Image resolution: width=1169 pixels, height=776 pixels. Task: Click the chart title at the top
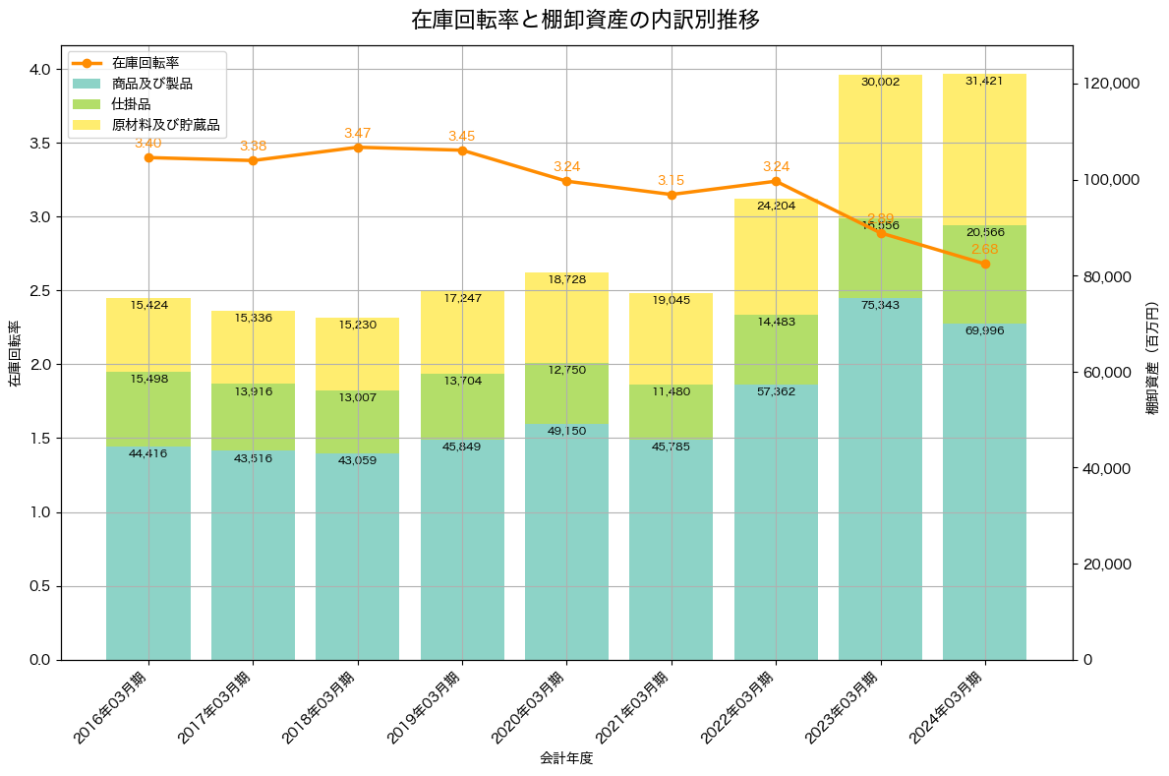(585, 20)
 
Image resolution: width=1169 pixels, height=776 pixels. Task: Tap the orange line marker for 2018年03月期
(358, 148)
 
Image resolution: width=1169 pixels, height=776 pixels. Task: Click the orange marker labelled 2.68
(985, 264)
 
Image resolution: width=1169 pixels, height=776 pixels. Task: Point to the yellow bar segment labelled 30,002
(880, 148)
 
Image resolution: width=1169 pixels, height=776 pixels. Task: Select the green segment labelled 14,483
(776, 349)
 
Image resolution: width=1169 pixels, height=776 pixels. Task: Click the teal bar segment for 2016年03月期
(148, 551)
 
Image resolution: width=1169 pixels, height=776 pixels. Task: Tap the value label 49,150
(566, 431)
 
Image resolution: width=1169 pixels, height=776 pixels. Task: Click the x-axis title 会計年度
(566, 758)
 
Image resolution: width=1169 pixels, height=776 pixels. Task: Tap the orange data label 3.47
(358, 133)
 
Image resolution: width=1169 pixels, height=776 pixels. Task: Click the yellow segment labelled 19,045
(672, 339)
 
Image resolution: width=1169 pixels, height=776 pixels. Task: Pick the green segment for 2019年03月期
(462, 406)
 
